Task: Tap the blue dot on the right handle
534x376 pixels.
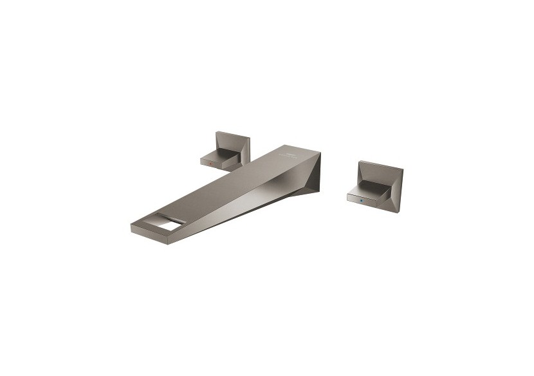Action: click(361, 200)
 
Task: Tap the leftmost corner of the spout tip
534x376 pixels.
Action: click(131, 225)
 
